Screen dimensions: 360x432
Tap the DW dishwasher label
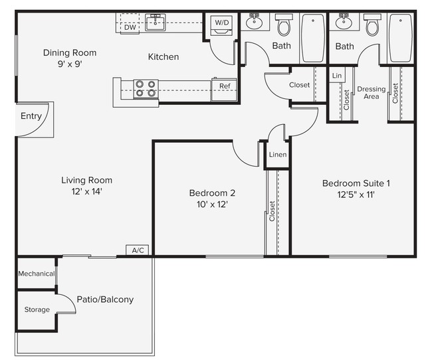tap(130, 27)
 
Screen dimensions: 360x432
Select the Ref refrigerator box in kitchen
tap(224, 86)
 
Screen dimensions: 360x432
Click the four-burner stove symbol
tap(146, 88)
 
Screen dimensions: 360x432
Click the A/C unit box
tap(138, 250)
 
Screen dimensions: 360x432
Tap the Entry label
tap(31, 116)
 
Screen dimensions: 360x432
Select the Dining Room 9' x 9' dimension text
tap(69, 64)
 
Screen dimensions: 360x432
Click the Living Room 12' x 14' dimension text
tap(86, 191)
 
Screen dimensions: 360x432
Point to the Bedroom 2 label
tap(212, 193)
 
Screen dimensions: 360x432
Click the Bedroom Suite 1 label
tap(356, 183)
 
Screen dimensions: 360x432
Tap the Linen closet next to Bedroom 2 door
tap(278, 155)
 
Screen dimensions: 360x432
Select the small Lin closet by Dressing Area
tap(337, 76)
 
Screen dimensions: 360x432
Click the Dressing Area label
tap(371, 93)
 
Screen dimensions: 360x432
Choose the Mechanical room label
tap(36, 274)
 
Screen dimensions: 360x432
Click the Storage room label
tap(37, 310)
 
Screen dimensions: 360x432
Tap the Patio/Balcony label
tap(104, 300)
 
